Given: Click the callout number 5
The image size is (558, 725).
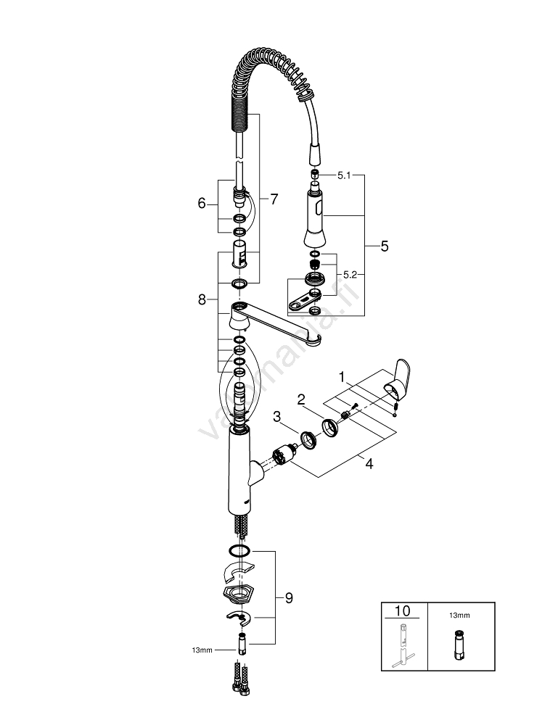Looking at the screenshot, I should tap(384, 246).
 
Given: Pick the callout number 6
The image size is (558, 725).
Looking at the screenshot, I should tap(202, 204).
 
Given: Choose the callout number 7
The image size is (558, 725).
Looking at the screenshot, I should tap(273, 199).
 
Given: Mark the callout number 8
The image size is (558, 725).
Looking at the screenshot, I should tap(202, 298).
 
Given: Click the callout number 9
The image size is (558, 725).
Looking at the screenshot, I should tap(289, 598).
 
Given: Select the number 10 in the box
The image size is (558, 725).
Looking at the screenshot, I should tap(403, 610).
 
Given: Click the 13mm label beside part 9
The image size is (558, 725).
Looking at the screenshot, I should tap(202, 650).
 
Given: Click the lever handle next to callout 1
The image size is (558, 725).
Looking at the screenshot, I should tap(400, 377).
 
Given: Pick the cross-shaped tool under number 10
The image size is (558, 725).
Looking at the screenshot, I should tap(403, 645).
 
